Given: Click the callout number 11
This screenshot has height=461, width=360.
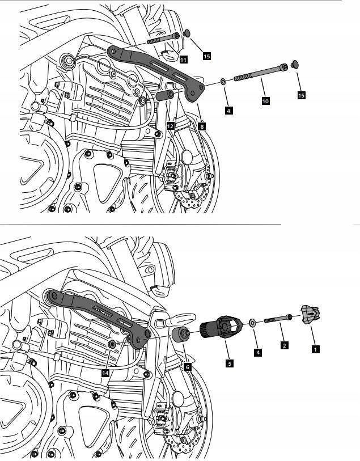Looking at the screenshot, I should pos(183,60).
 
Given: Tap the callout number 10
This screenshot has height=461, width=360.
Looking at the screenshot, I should pos(265,100).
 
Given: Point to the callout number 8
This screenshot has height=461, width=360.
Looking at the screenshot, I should pos(202,126).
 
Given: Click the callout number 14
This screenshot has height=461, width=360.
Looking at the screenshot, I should pos(105,373).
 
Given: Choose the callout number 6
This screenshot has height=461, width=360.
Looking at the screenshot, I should pos(187,367).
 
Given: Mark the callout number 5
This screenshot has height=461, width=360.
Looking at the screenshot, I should pos(230,363).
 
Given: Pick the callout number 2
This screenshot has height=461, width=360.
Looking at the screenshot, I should pos(284,344).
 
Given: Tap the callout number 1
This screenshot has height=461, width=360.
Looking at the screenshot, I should pos(315,349).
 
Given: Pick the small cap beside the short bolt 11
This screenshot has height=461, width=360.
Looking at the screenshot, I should pos(187,35).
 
